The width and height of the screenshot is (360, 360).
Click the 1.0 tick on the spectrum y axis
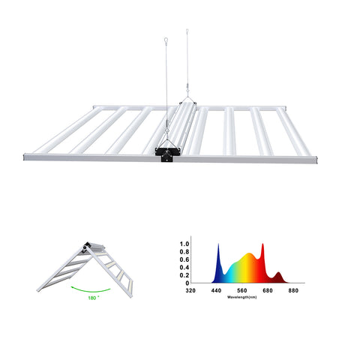point(184,244)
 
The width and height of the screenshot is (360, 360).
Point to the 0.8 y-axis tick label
point(184,252)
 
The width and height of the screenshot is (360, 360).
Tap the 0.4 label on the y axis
point(184,268)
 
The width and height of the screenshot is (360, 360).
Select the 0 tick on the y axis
point(187,283)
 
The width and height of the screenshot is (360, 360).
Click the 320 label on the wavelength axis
point(190,290)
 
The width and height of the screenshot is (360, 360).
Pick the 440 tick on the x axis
point(216,290)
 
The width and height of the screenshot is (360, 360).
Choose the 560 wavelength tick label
point(242,290)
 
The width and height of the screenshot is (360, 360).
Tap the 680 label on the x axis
point(268,290)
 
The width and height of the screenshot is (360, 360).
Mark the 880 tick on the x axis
point(293,290)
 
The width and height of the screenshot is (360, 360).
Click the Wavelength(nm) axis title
point(242,297)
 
